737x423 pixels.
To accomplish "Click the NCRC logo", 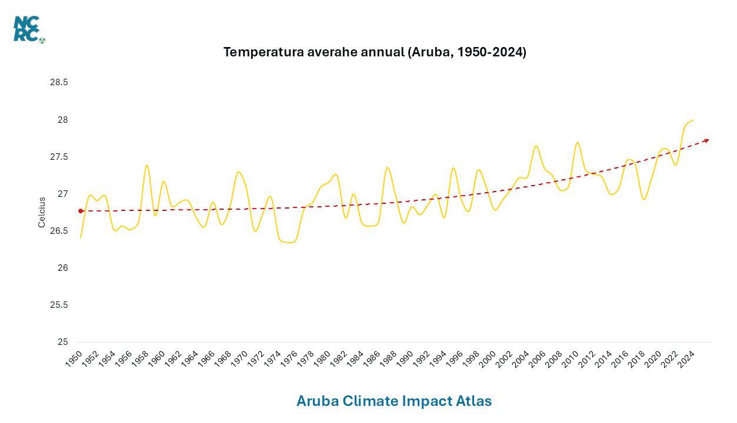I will (x=28, y=29).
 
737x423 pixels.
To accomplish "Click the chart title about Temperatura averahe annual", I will (x=375, y=52).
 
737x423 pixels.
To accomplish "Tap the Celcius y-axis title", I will (x=42, y=212).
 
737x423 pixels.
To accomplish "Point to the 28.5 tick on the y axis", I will (x=59, y=82).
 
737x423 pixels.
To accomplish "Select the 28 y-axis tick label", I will (x=62, y=120).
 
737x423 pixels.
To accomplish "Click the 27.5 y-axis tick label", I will (x=59, y=157).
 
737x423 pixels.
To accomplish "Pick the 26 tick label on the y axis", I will (x=62, y=268).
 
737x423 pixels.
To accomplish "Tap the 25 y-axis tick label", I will (x=62, y=342).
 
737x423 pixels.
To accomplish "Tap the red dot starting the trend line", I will (x=81, y=211).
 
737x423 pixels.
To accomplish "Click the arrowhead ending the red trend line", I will (x=707, y=140).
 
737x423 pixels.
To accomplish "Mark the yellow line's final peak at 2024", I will (x=693, y=120).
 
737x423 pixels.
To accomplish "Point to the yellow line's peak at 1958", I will (x=146, y=165).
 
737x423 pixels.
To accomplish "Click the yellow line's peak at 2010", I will (x=577, y=142).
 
